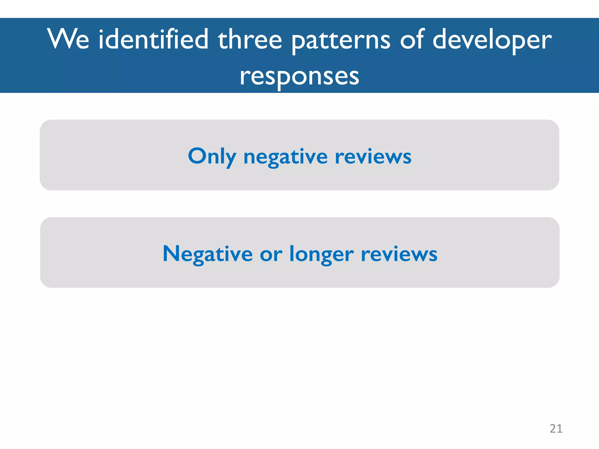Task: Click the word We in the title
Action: [x=68, y=39]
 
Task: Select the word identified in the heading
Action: [x=153, y=39]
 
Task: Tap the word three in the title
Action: [x=250, y=39]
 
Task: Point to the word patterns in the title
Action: [x=341, y=41]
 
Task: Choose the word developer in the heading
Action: [x=492, y=41]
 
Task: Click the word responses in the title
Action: [x=299, y=77]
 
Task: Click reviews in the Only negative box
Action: [x=373, y=157]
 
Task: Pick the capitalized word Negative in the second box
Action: [x=207, y=254]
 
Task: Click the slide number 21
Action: [x=556, y=429]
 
